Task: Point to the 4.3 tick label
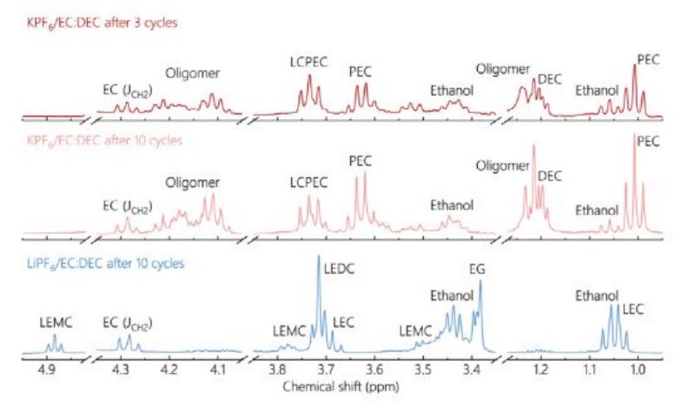120,368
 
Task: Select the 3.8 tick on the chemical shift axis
278,368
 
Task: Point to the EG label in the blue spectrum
478,269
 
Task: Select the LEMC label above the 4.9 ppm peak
55,321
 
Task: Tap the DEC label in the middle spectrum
550,176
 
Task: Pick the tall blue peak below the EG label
480,284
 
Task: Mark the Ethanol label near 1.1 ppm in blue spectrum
597,296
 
